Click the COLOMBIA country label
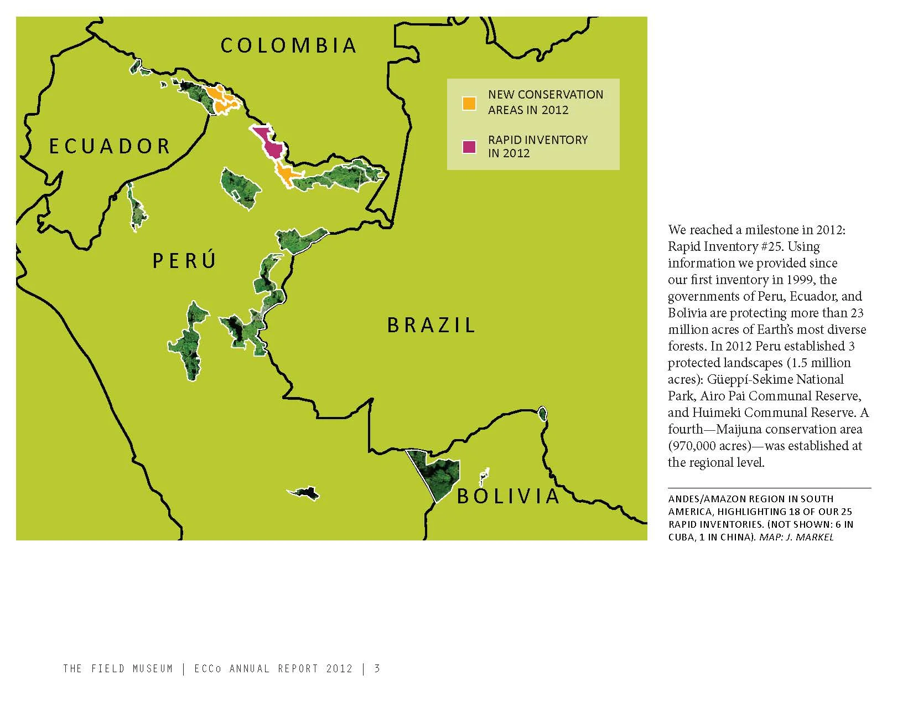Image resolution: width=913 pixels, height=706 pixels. (x=288, y=45)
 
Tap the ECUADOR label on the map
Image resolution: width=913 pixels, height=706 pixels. (x=110, y=146)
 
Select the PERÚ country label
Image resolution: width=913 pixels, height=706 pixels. (x=184, y=260)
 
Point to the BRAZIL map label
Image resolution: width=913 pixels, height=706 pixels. (x=431, y=325)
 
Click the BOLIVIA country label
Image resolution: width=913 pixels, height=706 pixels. (x=508, y=496)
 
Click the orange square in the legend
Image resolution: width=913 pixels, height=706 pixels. (x=469, y=103)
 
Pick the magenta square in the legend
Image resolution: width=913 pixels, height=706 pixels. (x=469, y=147)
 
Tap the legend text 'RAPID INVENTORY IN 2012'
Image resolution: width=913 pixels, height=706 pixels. (x=537, y=146)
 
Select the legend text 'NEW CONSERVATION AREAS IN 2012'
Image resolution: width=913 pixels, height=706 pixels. (x=545, y=102)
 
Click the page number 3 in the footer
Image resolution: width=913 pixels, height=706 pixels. (x=377, y=668)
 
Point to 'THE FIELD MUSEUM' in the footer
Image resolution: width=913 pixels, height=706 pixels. (x=118, y=668)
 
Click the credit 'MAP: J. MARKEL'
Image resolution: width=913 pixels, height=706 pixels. (x=796, y=537)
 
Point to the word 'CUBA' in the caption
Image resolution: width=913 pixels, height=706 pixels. (x=679, y=537)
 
